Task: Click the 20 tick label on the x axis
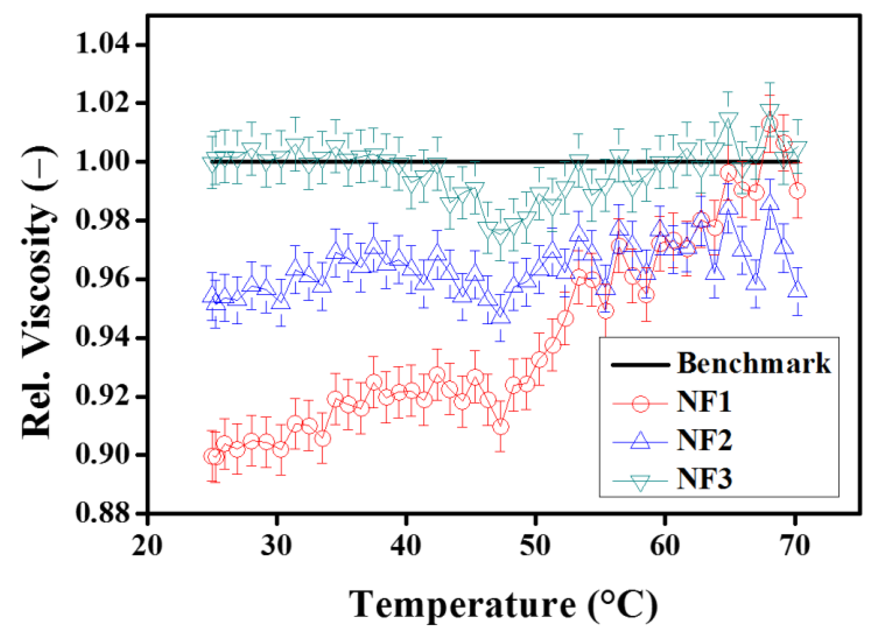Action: [147, 546]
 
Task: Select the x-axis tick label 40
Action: [406, 546]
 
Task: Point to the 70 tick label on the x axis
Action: [795, 546]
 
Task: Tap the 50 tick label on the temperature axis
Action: [535, 546]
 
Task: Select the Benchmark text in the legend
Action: [754, 364]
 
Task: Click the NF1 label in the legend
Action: [704, 402]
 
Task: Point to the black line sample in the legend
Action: [640, 365]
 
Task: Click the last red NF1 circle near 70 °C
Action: [797, 191]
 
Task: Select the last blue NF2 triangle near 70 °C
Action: [797, 290]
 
